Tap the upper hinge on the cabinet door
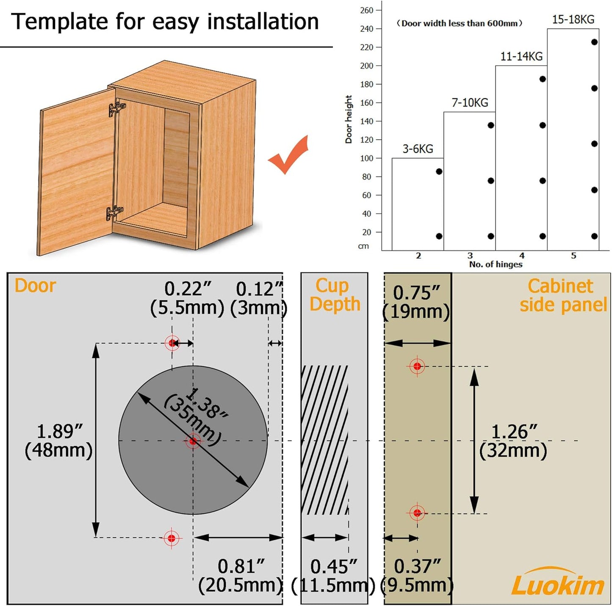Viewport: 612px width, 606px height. tap(116, 107)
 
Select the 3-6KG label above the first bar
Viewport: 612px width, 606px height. tap(418, 149)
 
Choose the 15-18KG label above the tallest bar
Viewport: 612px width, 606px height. tap(573, 19)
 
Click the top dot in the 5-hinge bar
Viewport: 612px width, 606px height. tap(594, 42)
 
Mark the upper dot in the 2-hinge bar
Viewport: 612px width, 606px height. tap(439, 171)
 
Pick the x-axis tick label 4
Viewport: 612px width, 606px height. tap(521, 255)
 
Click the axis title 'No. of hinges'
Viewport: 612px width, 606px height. tap(496, 264)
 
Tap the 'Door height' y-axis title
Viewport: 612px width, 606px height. tap(349, 119)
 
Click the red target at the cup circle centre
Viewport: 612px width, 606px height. tap(193, 441)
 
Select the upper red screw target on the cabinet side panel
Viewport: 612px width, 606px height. tap(417, 366)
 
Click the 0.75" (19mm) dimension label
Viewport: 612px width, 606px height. tap(416, 302)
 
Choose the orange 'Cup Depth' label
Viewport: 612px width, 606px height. tap(335, 295)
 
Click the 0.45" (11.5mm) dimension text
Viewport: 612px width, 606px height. tap(333, 576)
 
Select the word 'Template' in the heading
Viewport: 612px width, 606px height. tap(60, 22)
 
